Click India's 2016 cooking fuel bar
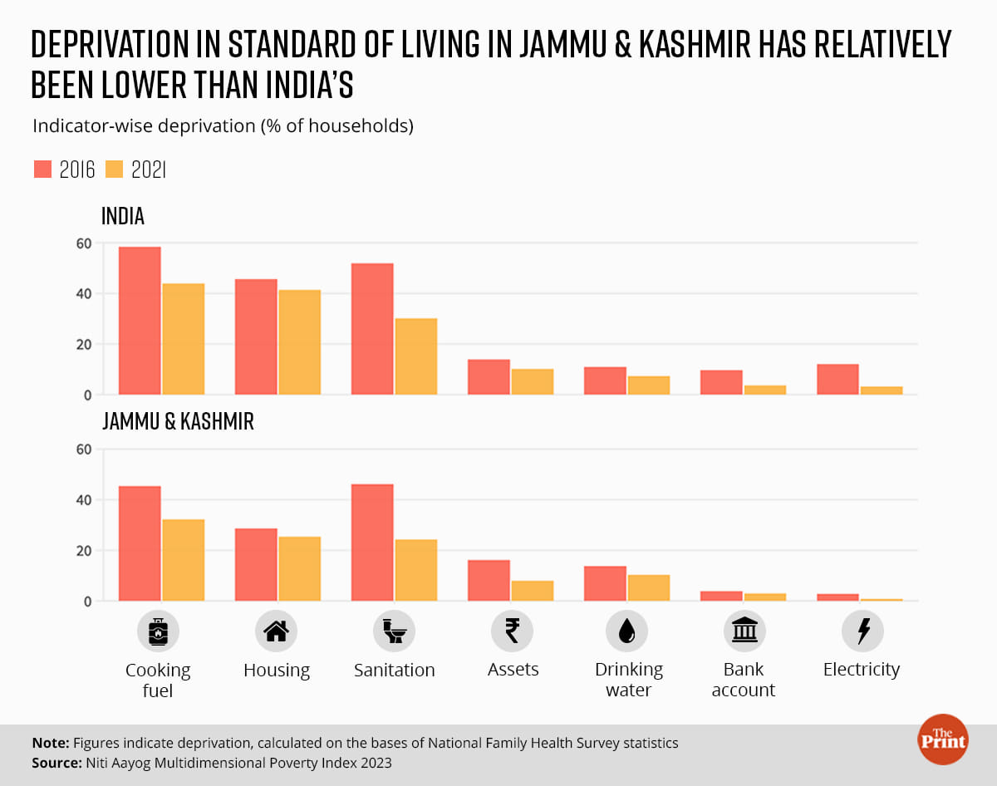pyautogui.click(x=140, y=321)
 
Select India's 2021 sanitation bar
pyautogui.click(x=416, y=356)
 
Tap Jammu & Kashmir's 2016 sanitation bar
pyautogui.click(x=372, y=543)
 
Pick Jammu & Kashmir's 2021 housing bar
pyautogui.click(x=300, y=569)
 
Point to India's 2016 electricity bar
pyautogui.click(x=837, y=380)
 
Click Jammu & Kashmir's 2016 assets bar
pyautogui.click(x=489, y=581)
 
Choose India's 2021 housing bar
pyautogui.click(x=300, y=342)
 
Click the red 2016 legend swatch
pyautogui.click(x=43, y=169)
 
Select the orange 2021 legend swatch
pyautogui.click(x=115, y=169)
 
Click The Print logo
pyautogui.click(x=943, y=739)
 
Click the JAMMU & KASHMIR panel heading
pyautogui.click(x=178, y=421)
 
